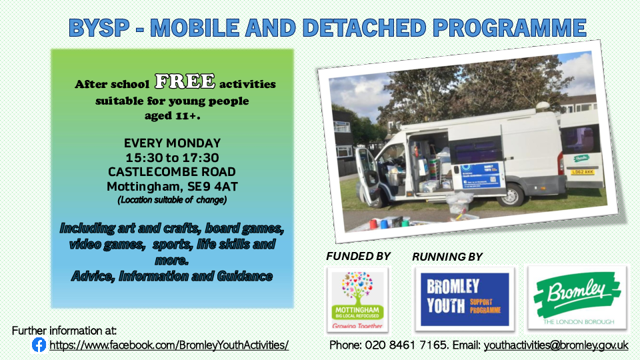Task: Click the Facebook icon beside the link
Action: point(39,345)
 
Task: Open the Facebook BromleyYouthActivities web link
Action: point(169,345)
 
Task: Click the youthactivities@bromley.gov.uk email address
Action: point(556,345)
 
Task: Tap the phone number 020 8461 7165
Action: point(405,345)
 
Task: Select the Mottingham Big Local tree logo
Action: point(357,300)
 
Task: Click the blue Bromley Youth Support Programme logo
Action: point(465,299)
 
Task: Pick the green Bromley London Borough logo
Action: point(577,298)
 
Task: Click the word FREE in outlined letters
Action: point(185,81)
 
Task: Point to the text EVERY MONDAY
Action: point(172,143)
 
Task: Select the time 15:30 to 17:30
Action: point(172,157)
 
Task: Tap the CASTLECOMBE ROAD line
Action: point(172,172)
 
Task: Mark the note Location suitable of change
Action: point(172,200)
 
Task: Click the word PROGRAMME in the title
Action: point(509,28)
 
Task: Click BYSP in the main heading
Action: point(99,28)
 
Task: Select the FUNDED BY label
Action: point(359,256)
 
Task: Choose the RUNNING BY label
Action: point(447,257)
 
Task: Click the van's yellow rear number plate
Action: point(583,172)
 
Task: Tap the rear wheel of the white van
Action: point(513,195)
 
